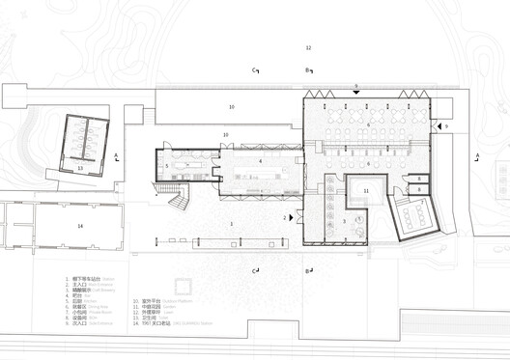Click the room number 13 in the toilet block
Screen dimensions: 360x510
point(81,168)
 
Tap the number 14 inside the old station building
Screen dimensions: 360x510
point(81,226)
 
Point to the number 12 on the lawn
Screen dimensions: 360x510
point(309,47)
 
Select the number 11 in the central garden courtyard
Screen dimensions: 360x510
point(367,191)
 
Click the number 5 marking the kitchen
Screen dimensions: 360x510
point(167,166)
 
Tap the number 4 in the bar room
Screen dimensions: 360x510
point(261,161)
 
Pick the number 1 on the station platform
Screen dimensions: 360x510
point(232,224)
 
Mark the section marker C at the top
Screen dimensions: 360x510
point(256,70)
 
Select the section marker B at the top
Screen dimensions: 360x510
point(308,70)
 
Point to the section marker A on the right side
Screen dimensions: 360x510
point(477,156)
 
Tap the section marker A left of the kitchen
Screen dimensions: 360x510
point(116,156)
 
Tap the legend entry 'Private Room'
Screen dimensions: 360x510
point(76,313)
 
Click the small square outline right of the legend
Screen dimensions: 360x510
point(182,287)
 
